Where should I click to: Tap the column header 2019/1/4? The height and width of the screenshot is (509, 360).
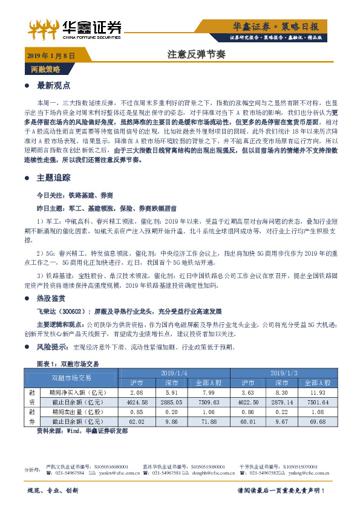[x=175, y=373]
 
